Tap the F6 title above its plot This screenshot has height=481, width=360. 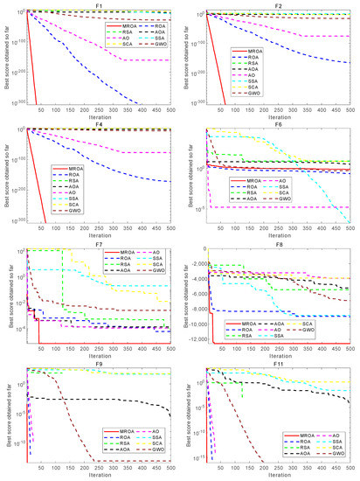pyautogui.click(x=277, y=123)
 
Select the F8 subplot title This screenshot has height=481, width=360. pyautogui.click(x=277, y=243)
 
